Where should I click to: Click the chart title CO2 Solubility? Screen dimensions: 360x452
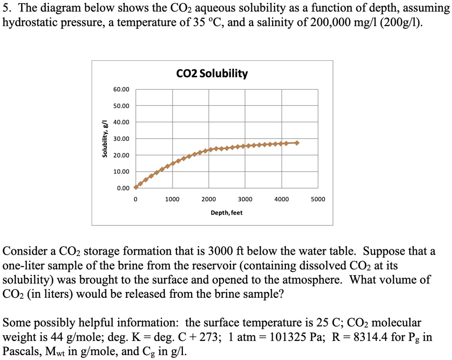click(x=212, y=74)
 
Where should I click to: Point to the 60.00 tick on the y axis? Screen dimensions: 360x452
click(x=122, y=90)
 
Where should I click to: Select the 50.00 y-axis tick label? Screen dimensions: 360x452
click(x=122, y=106)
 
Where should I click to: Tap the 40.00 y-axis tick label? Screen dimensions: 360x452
click(x=122, y=122)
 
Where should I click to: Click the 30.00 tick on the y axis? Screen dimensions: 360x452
click(x=122, y=139)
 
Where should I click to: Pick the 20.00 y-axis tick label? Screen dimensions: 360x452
click(x=122, y=155)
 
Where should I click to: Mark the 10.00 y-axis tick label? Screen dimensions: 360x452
click(x=122, y=172)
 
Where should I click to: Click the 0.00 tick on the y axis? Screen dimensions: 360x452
click(x=123, y=188)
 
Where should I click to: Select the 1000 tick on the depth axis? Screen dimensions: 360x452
click(x=172, y=199)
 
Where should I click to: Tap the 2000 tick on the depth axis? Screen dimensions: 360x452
click(x=208, y=199)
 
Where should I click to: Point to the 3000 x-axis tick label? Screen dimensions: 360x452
click(x=245, y=199)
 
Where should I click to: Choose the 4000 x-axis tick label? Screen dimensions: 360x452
click(x=281, y=199)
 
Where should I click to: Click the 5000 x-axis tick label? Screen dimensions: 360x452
click(x=318, y=199)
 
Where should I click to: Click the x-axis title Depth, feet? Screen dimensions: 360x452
click(x=226, y=213)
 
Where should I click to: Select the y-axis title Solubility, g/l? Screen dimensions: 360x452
click(x=104, y=139)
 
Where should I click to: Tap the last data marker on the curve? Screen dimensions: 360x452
click(x=297, y=143)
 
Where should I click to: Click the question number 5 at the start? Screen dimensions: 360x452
click(x=6, y=8)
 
